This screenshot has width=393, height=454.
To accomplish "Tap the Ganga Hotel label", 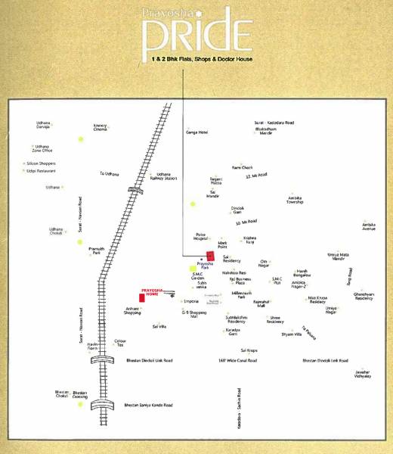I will (196, 132).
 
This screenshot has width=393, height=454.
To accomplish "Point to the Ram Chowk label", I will (241, 166).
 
